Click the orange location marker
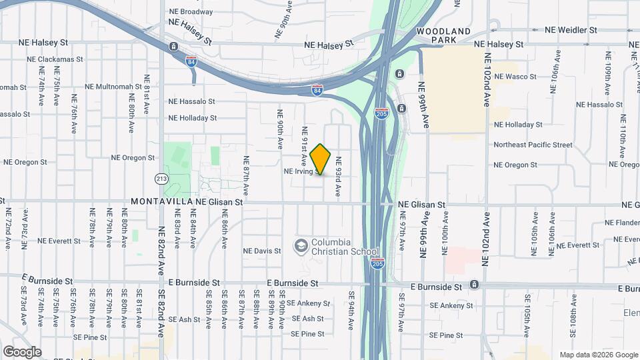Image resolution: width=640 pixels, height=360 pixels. point(321,159)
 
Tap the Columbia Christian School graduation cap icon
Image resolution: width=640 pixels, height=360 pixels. point(301,246)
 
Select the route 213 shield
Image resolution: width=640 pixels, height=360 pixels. point(162,179)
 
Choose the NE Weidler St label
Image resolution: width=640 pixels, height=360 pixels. point(571,30)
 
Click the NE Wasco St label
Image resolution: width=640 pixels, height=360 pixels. point(515,77)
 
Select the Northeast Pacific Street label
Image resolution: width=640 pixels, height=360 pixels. point(533,145)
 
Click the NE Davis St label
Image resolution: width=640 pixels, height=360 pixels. point(262,251)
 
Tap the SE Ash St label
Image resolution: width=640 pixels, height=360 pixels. point(307,319)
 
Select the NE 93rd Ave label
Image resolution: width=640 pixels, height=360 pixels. point(338,175)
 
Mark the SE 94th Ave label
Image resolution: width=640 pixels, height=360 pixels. point(351,309)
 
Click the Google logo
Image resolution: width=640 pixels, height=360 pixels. point(22,352)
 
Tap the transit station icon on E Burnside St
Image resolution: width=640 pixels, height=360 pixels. point(474,285)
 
